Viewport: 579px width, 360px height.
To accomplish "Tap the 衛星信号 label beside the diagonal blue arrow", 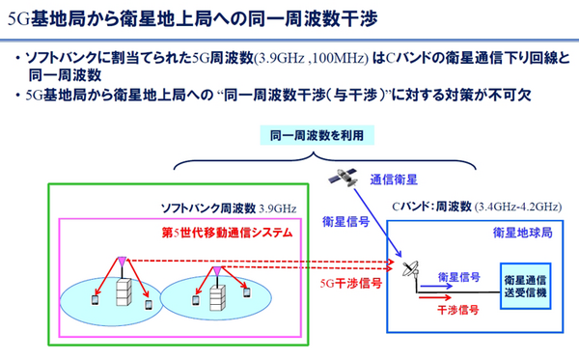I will point(343,221).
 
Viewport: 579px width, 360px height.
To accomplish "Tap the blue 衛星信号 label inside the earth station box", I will point(458,276).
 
